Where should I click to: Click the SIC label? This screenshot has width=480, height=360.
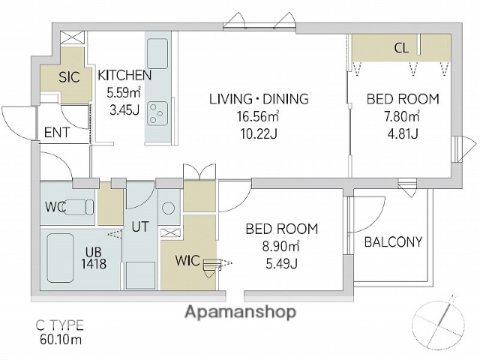click(x=69, y=77)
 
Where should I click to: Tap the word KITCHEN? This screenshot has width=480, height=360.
click(x=124, y=75)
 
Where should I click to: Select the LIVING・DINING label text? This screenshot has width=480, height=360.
click(x=259, y=99)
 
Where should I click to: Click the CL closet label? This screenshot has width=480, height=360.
click(x=401, y=48)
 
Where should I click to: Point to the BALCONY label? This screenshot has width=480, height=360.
click(x=393, y=241)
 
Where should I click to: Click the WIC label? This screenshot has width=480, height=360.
click(x=187, y=260)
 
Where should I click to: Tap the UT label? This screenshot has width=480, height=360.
click(x=140, y=226)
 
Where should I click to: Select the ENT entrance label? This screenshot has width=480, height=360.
click(x=57, y=133)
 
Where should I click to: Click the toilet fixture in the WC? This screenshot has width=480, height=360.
click(x=77, y=207)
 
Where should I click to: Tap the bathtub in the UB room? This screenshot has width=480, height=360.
click(x=61, y=258)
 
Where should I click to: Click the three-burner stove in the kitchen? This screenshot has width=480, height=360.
click(x=157, y=113)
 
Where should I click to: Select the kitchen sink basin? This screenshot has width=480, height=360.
click(x=157, y=53)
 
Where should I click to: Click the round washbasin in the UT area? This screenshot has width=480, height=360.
click(x=168, y=208)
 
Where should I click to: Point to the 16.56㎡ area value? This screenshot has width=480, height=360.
click(x=257, y=116)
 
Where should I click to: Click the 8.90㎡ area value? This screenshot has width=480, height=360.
click(x=280, y=246)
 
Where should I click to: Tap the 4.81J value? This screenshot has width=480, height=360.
click(x=403, y=133)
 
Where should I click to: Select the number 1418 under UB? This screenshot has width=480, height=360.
click(x=94, y=263)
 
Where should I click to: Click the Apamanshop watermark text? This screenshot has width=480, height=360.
click(x=241, y=312)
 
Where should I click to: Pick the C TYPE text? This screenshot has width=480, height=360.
click(x=60, y=325)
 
